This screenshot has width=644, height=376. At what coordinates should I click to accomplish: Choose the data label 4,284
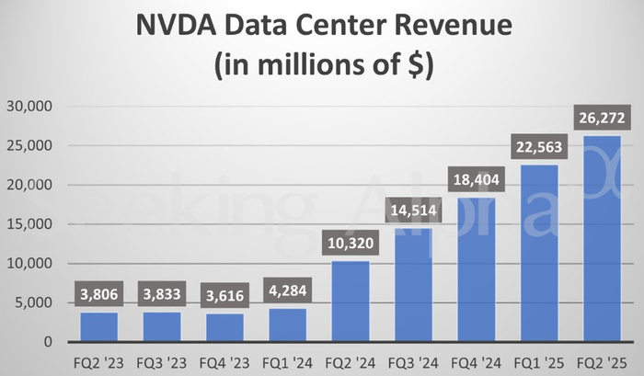(x=286, y=293)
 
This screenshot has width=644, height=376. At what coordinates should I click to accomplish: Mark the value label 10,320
(x=350, y=244)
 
